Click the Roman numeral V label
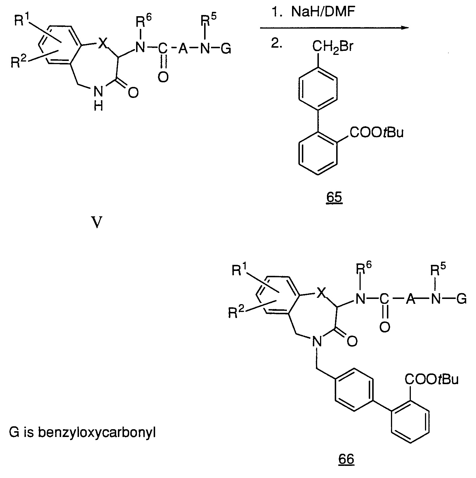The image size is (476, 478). click(97, 223)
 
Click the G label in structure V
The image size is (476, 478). click(225, 49)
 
